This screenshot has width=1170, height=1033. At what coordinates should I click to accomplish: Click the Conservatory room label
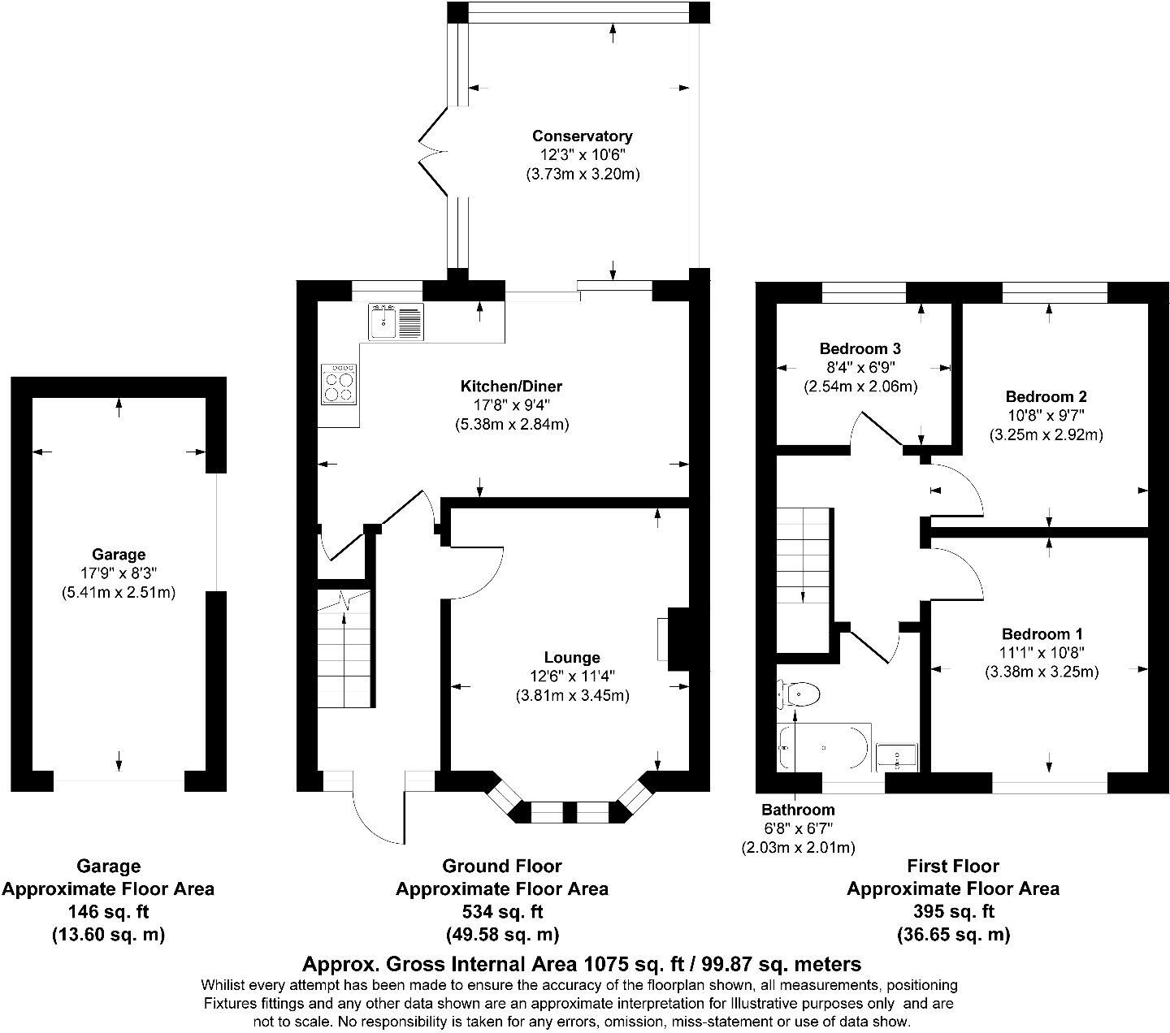pos(582,136)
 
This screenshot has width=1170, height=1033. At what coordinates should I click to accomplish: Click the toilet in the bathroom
pos(799,694)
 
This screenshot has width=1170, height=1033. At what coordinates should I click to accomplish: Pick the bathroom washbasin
pos(897,757)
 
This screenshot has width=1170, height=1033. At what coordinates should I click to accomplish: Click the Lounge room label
pos(572,657)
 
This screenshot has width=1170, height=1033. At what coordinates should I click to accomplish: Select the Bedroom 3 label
pos(860,348)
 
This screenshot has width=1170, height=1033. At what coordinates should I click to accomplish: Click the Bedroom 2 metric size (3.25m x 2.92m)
pos(1046,434)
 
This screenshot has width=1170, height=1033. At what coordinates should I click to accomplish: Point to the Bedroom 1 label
pos(1042,634)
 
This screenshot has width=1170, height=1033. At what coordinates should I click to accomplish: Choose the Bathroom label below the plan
pos(798,810)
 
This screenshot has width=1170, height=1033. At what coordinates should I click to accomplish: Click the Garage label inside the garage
pos(119,555)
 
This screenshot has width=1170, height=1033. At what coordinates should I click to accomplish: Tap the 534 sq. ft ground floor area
pos(502,912)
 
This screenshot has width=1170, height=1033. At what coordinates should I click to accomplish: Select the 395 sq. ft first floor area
pos(953,911)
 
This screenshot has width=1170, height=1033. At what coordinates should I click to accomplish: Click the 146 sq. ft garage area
pos(108,912)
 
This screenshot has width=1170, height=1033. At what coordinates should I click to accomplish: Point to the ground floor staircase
pos(344,648)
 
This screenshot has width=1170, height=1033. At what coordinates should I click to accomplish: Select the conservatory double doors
pos(433,152)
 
